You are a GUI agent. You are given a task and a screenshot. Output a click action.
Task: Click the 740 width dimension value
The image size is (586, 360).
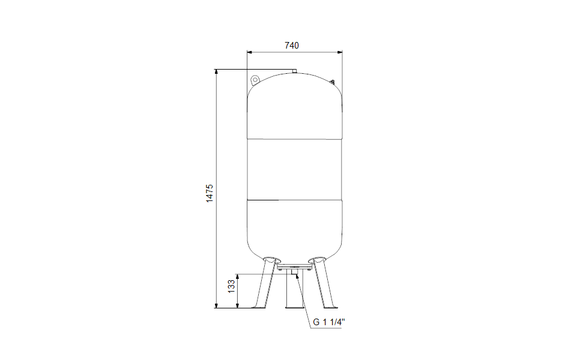click(292, 46)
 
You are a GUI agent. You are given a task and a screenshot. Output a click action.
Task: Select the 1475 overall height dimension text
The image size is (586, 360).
click(210, 193)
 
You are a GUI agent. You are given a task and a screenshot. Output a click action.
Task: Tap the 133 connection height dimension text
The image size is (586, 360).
click(232, 286)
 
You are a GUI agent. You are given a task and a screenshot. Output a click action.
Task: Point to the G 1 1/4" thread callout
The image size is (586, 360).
click(329, 322)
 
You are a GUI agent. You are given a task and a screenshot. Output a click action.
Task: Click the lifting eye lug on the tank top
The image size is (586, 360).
click(255, 80)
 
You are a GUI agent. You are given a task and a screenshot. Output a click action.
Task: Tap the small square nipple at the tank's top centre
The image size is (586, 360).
click(294, 71)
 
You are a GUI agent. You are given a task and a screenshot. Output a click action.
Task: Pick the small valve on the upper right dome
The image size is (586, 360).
click(332, 81)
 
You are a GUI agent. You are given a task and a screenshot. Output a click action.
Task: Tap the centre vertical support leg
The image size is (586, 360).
click(294, 289)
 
